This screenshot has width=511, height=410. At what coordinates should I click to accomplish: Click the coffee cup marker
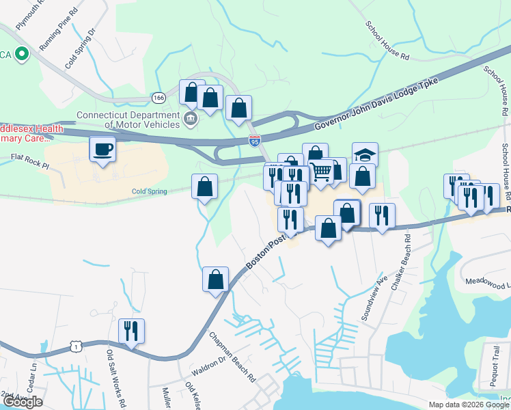coord(102,149)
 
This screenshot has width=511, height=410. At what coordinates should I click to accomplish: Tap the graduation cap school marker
coord(365,155)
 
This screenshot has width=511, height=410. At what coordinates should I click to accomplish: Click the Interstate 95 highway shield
coord(255,141)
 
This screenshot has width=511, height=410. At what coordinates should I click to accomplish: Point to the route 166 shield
coord(158,97)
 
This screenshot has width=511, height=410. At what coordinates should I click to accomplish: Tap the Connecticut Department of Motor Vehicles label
coord(128,120)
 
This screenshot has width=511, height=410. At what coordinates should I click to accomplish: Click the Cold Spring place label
coord(149,192)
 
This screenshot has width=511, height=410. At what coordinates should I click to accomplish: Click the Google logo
coord(23,402)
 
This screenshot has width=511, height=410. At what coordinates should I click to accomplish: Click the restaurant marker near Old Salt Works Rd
coord(130,331)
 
